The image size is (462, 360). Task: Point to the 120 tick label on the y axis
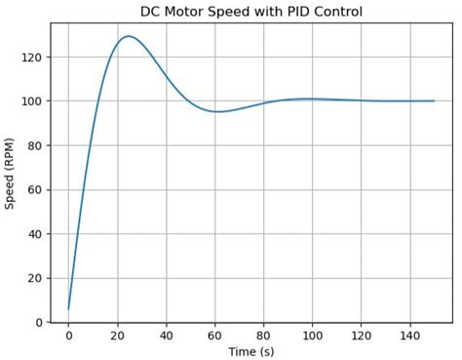click(32, 58)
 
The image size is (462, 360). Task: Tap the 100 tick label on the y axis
click(32, 101)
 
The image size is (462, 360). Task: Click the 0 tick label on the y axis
click(38, 322)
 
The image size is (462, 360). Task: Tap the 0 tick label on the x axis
click(68, 335)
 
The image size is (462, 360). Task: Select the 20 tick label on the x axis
click(117, 335)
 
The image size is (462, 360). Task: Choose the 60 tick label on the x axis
click(214, 335)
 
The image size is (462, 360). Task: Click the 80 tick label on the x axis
click(263, 335)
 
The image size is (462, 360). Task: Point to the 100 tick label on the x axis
click(312, 335)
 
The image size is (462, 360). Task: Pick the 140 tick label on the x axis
click(409, 335)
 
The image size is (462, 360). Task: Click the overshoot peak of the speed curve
click(128, 36)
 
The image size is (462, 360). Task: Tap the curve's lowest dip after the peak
click(217, 111)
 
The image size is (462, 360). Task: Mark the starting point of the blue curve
click(68, 309)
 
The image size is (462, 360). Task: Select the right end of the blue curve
click(434, 100)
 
